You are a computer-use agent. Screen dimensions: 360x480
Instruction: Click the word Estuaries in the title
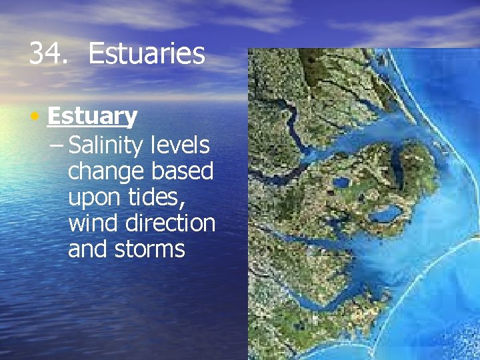(146, 54)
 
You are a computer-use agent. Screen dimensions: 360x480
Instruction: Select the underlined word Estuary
(92, 117)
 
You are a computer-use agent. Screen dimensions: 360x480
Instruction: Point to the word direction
(172, 223)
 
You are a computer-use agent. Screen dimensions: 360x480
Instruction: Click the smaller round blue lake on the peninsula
(341, 182)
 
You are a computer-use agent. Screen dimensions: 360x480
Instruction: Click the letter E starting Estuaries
(96, 54)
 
